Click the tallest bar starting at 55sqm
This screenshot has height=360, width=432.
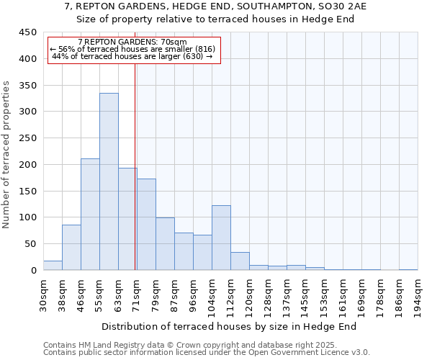click(109, 181)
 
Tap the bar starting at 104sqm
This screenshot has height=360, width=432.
click(221, 238)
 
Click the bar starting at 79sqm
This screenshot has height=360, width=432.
click(165, 243)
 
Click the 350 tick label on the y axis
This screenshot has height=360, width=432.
click(28, 86)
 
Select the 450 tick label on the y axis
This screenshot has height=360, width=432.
click(28, 32)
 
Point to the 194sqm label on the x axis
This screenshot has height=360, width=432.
click(418, 295)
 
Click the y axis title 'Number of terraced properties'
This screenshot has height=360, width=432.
click(6, 155)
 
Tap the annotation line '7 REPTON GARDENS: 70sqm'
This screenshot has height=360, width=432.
click(132, 42)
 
